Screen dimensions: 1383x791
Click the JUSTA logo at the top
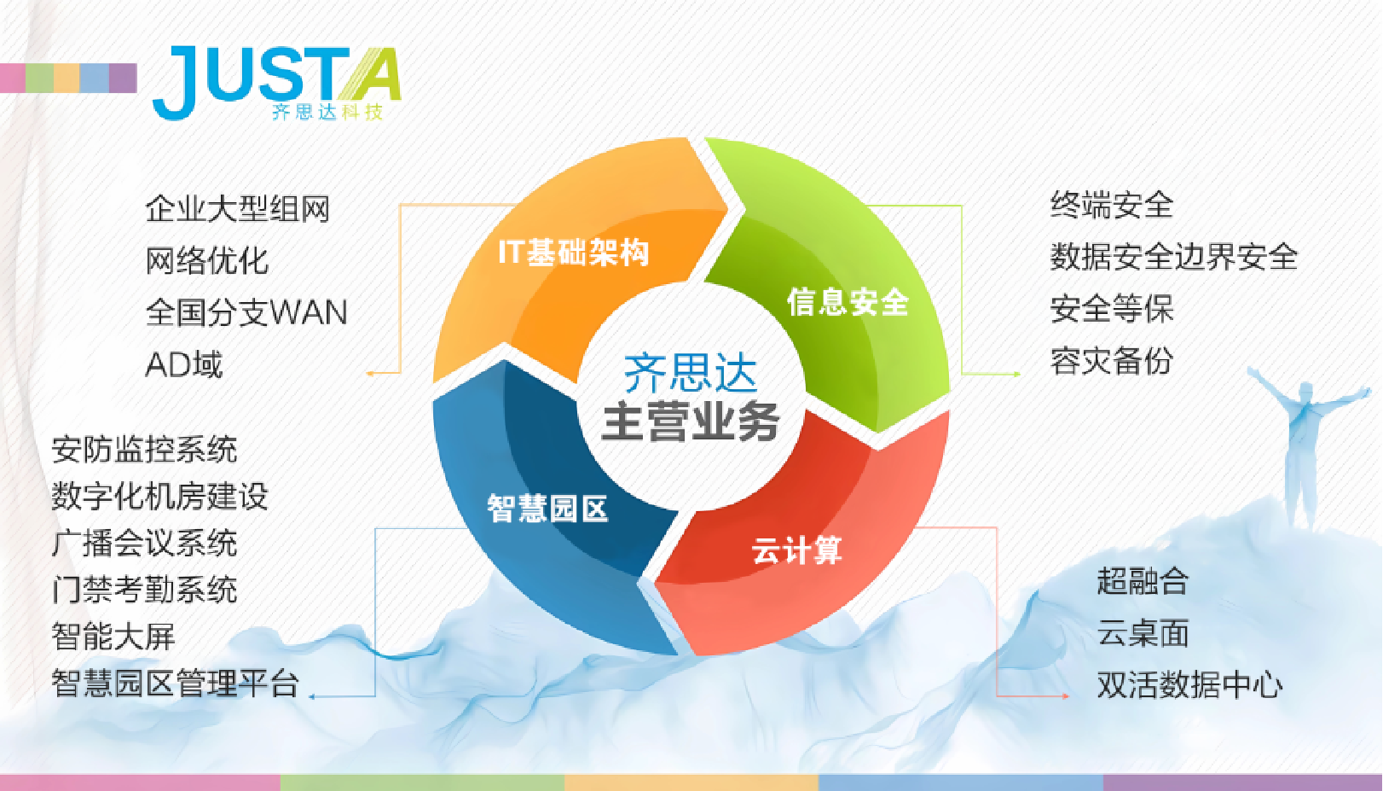(276, 82)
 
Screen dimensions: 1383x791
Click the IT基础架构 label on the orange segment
(574, 252)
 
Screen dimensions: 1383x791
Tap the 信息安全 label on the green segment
(848, 302)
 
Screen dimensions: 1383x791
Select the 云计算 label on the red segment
(796, 550)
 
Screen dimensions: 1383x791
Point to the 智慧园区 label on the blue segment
(547, 509)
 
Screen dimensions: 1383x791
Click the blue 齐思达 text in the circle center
(691, 373)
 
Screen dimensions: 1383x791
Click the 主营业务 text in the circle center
(691, 422)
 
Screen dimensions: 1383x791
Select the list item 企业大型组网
(238, 208)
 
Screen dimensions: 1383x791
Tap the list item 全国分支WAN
(246, 312)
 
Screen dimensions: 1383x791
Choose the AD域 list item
(184, 364)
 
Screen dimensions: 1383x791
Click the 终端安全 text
(1112, 205)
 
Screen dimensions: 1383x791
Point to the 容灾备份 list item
(1112, 361)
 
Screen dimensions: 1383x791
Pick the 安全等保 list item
(1112, 308)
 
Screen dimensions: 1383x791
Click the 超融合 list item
(1143, 581)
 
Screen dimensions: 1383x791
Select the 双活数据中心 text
(1189, 684)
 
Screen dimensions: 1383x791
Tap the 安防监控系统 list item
(144, 450)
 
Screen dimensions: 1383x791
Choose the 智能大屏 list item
(113, 637)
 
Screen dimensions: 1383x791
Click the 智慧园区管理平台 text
(176, 683)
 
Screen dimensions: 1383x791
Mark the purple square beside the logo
(123, 78)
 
